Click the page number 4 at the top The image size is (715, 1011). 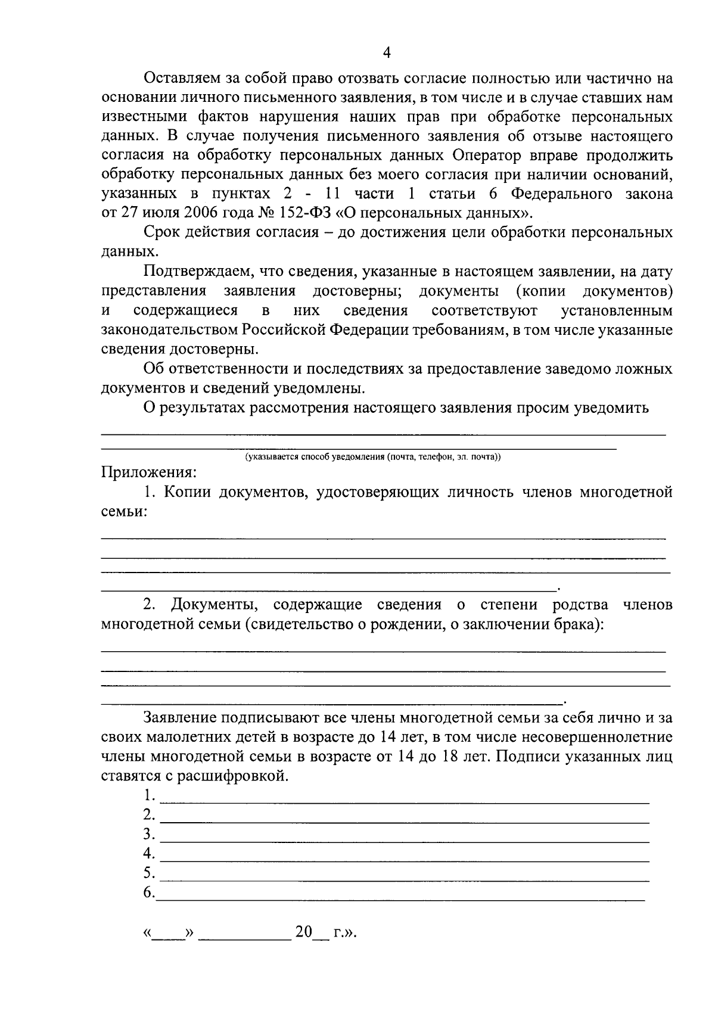pos(387,53)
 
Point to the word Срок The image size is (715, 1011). pos(163,232)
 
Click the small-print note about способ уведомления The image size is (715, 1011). pos(372,457)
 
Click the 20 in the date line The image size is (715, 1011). pos(303,932)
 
